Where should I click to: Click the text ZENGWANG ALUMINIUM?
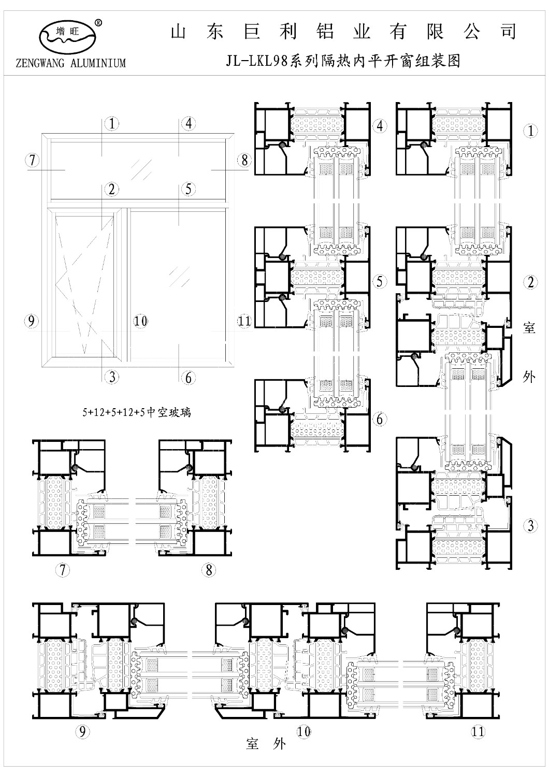tap(71, 64)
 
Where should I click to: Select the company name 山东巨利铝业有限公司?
tap(343, 32)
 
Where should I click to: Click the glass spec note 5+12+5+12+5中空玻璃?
tap(137, 412)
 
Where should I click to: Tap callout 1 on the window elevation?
tap(112, 124)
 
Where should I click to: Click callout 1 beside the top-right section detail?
tap(530, 131)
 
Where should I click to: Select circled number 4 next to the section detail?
tap(380, 126)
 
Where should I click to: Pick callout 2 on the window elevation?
tap(111, 190)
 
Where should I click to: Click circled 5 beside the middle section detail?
tap(380, 281)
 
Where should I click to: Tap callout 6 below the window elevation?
tap(189, 378)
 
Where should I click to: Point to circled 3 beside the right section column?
tap(530, 526)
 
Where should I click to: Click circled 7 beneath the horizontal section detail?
tap(63, 570)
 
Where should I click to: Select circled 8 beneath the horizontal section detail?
tap(209, 570)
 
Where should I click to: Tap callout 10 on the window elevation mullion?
tap(140, 321)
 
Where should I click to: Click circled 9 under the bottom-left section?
tap(82, 732)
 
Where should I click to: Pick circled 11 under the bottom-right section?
tap(478, 732)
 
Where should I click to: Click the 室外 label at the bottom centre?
tap(266, 744)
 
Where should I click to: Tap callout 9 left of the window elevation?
tap(31, 321)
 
